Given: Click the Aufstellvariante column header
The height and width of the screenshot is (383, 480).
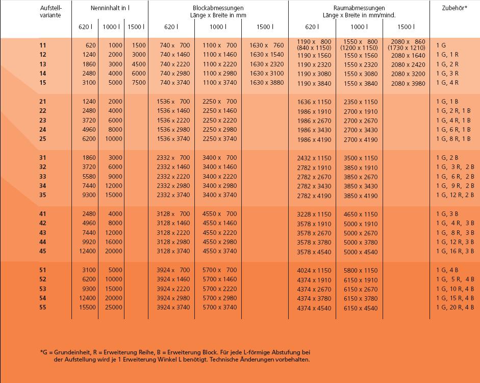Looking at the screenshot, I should (x=51, y=11).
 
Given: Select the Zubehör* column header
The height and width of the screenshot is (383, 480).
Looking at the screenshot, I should (x=454, y=8).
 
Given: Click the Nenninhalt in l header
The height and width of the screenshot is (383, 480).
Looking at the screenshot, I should (x=110, y=8).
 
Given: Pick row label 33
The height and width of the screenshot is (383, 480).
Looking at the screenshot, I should (x=42, y=177).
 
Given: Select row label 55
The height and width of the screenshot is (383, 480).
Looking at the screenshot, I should (x=42, y=307).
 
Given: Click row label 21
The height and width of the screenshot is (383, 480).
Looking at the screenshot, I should (x=42, y=102).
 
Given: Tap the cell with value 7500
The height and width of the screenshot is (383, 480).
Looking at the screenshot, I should (x=139, y=83).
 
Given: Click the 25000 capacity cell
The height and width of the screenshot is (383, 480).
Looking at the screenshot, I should (x=113, y=307).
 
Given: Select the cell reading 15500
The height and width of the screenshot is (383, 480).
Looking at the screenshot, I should (x=86, y=307).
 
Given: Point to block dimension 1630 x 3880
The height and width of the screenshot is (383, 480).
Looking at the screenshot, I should (x=266, y=83).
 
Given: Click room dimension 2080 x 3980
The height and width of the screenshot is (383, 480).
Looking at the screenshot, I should (x=408, y=84).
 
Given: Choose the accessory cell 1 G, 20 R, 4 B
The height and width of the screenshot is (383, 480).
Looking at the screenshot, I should (x=455, y=307).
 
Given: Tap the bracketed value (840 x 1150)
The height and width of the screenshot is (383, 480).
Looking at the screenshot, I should (x=314, y=48).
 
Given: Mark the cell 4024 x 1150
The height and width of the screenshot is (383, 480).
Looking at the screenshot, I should (x=314, y=271).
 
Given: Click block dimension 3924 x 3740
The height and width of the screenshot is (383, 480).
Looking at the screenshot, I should (x=173, y=307).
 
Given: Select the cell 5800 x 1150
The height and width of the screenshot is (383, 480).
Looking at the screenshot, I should (x=361, y=271).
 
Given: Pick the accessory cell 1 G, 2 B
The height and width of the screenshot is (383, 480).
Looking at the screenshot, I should (x=447, y=158).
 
